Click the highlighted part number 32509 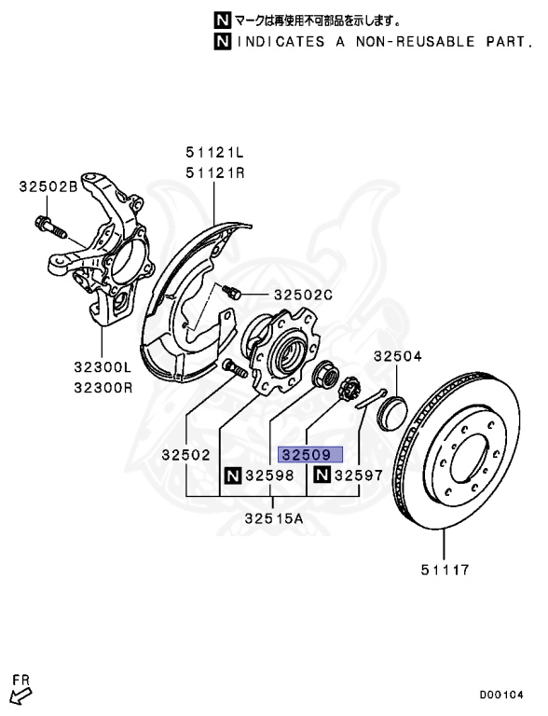[x=311, y=455]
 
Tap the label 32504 [x=398, y=356]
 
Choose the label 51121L [x=214, y=153]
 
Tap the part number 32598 [x=269, y=476]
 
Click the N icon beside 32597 [x=322, y=476]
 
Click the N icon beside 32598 [x=230, y=476]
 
